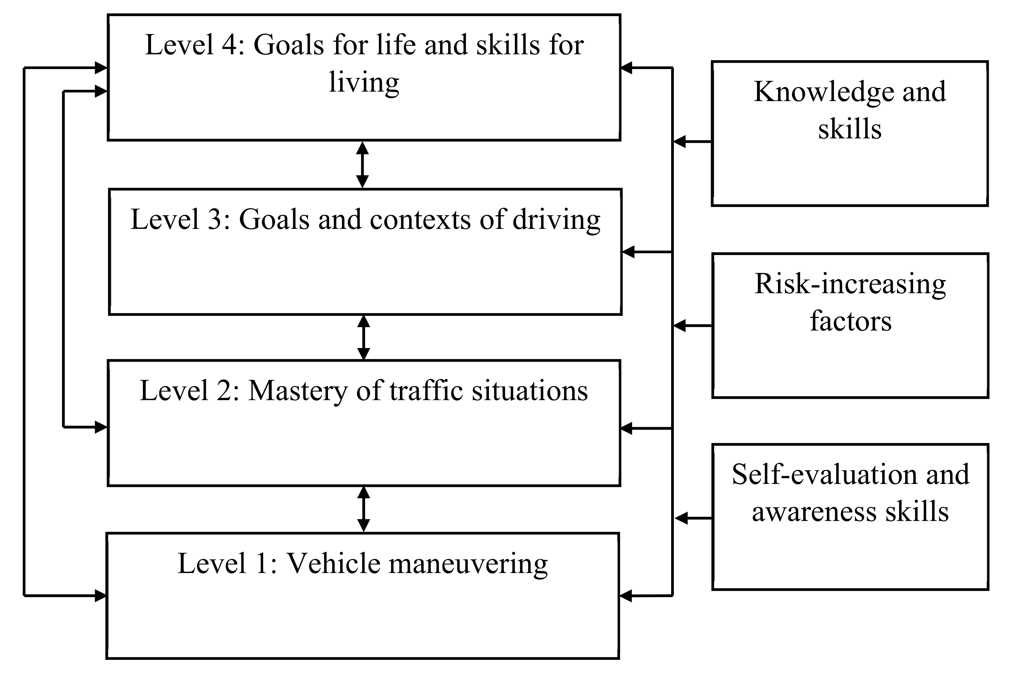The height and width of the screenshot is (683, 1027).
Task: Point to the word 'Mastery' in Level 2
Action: [x=297, y=391]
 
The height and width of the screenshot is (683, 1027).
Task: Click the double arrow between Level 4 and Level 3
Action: [x=362, y=165]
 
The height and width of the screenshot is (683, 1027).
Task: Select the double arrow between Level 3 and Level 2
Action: [x=363, y=337]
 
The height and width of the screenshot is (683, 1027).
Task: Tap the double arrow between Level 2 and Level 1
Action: [x=363, y=509]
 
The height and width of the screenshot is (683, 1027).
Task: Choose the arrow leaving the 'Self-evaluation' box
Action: [x=693, y=518]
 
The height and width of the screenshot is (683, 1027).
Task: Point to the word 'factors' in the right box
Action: [x=850, y=322]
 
